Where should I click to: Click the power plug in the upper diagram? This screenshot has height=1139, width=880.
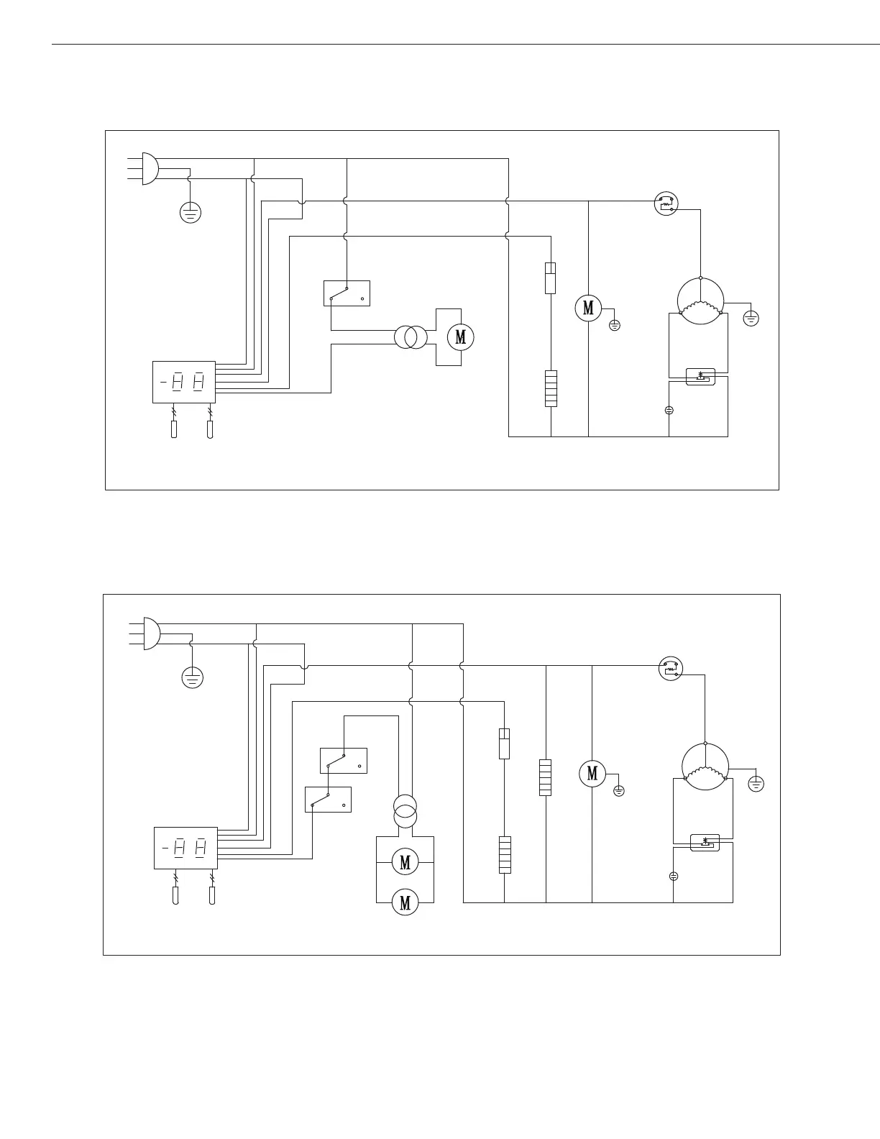[x=150, y=168]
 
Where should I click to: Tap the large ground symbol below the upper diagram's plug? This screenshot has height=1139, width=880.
[x=190, y=213]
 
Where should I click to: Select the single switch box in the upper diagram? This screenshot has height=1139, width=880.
[x=347, y=293]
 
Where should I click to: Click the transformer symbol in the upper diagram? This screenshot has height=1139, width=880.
[x=411, y=337]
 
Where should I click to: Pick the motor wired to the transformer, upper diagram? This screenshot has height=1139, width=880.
[x=460, y=337]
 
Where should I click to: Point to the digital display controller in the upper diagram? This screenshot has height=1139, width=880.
[x=184, y=382]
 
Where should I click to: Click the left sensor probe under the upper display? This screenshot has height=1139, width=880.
[x=174, y=429]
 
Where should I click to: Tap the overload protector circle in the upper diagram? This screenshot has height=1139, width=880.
[x=666, y=203]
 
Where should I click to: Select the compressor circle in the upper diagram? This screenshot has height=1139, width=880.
[x=700, y=301]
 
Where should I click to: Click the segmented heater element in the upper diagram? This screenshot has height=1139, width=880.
[x=551, y=389]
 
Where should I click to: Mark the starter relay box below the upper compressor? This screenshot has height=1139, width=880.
[x=700, y=377]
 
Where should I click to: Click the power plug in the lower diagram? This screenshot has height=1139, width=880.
[x=151, y=633]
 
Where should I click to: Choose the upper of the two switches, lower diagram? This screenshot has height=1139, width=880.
[x=343, y=761]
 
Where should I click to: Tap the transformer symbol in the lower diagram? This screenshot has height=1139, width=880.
[x=405, y=811]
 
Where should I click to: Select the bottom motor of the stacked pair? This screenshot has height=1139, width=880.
[x=405, y=902]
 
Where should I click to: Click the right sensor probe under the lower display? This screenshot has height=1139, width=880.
[x=211, y=895]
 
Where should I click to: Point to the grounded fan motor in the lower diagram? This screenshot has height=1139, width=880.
[x=592, y=773]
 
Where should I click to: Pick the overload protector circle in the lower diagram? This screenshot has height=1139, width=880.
[x=671, y=669]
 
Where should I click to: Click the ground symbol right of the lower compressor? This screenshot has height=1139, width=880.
[x=756, y=784]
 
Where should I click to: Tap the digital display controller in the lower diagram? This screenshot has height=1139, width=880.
[x=185, y=848]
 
